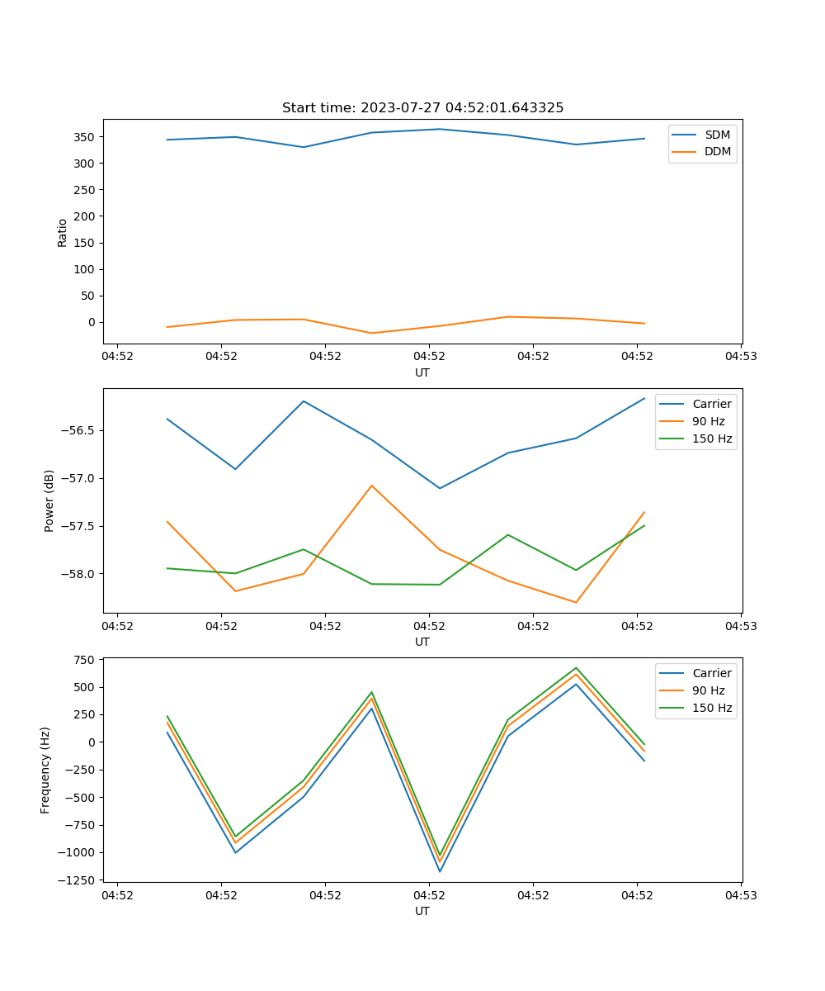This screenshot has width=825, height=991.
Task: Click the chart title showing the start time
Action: point(422,108)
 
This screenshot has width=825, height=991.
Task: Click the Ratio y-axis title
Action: point(63,232)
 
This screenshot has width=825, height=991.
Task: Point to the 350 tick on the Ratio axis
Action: point(84,136)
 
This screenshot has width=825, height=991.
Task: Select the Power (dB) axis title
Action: point(49,500)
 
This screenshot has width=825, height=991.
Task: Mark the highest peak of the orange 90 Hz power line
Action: point(372,486)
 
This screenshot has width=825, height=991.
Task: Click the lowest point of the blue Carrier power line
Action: point(440,488)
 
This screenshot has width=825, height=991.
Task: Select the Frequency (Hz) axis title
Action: point(45,770)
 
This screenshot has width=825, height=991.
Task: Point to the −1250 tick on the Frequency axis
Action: point(78,880)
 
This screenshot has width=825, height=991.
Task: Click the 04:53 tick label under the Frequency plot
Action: point(741,894)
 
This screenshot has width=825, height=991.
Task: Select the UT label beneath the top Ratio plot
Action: point(422,372)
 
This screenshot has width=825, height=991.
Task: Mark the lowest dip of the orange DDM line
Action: point(372,333)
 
